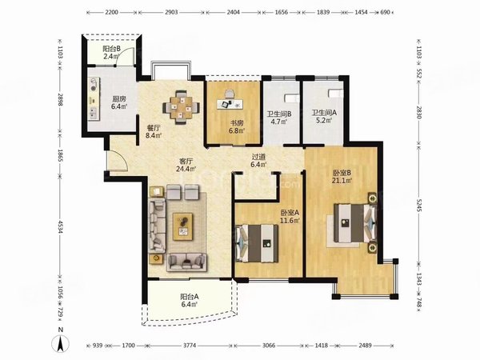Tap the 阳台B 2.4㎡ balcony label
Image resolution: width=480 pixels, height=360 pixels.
point(110,54)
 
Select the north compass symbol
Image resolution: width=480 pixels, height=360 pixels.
point(58,344)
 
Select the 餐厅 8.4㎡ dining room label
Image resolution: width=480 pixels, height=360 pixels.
point(154,131)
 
